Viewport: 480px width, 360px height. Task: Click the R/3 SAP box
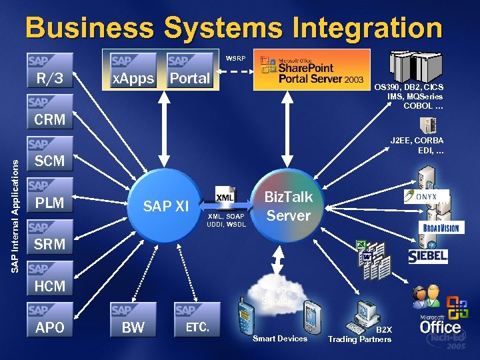click(50, 71)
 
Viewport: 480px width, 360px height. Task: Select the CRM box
click(50, 112)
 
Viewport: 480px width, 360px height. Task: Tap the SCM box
click(50, 153)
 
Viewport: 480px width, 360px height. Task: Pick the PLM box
click(50, 195)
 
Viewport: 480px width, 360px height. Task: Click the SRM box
click(50, 237)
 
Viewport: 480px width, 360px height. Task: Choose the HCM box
click(50, 278)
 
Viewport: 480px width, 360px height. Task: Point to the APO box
click(50, 320)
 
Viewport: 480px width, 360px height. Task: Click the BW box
click(133, 320)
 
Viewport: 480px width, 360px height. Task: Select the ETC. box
click(197, 320)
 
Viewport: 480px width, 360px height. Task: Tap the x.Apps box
click(133, 71)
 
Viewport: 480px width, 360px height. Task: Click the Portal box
click(189, 71)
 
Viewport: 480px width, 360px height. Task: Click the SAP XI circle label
click(167, 207)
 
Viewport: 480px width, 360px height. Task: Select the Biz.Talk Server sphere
click(288, 206)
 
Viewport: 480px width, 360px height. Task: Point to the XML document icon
click(225, 197)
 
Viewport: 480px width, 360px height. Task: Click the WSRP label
click(235, 58)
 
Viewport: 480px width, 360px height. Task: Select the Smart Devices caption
click(280, 339)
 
